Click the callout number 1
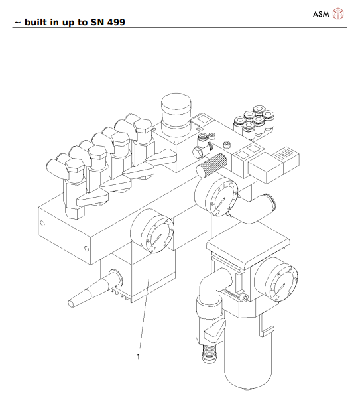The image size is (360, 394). (x=138, y=356)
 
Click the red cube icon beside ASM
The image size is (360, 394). (x=338, y=13)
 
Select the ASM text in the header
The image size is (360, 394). (x=321, y=13)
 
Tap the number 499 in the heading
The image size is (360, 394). (x=114, y=22)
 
